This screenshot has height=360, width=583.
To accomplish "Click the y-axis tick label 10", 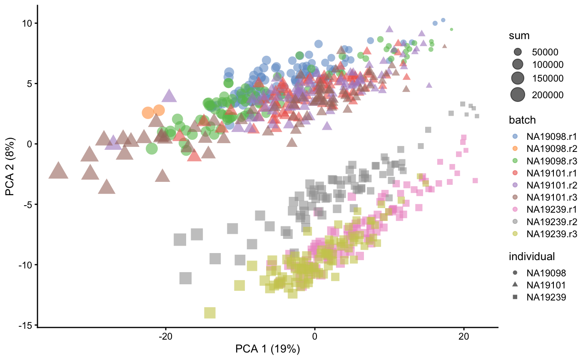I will click(x=26, y=23).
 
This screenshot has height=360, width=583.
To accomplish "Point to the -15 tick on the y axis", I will click(x=25, y=325).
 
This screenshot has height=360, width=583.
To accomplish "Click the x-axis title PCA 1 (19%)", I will click(x=268, y=349).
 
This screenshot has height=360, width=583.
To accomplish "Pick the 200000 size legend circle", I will click(x=518, y=95).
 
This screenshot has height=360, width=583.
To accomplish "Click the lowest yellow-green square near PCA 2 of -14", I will click(x=209, y=313).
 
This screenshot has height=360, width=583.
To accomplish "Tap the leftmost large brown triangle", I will click(x=58, y=171).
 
